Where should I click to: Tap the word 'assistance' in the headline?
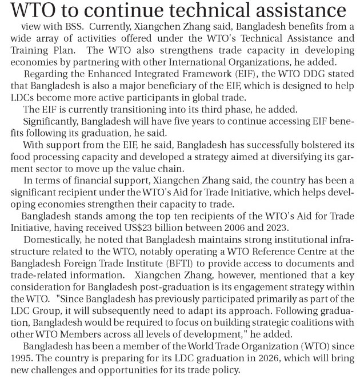297,12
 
